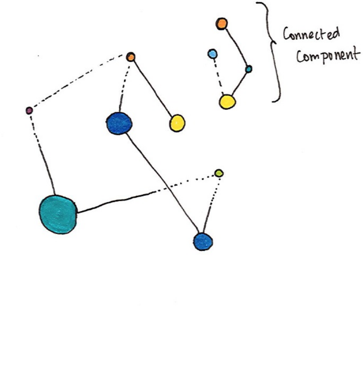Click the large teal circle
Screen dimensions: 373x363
(58, 214)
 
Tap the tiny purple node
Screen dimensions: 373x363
(29, 111)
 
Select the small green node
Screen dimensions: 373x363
(219, 173)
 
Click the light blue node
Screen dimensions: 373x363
(212, 53)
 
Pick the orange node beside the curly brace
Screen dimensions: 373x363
(222, 24)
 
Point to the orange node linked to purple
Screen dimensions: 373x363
(131, 57)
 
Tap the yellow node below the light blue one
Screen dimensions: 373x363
(227, 101)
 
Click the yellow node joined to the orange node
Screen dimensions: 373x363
(177, 123)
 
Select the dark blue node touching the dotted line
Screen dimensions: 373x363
(203, 241)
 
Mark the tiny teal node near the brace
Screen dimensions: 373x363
(248, 69)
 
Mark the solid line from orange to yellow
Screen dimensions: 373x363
(153, 89)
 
